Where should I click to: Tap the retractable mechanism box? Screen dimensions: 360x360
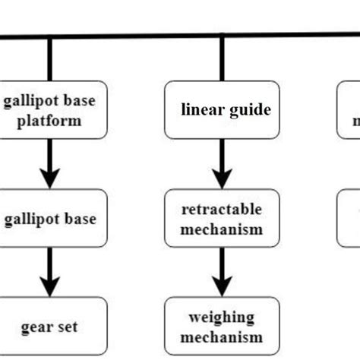tap(222, 218)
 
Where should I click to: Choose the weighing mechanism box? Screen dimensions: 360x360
tap(222, 327)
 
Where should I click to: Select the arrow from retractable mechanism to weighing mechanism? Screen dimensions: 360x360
tap(222, 270)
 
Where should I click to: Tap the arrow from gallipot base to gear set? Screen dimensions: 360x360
tap(50, 270)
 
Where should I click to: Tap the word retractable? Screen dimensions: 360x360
tap(222, 209)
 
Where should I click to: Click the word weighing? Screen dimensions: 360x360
tap(222, 317)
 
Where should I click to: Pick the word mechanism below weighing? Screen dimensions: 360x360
tap(222, 336)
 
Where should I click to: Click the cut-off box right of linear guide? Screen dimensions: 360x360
tap(349, 110)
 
